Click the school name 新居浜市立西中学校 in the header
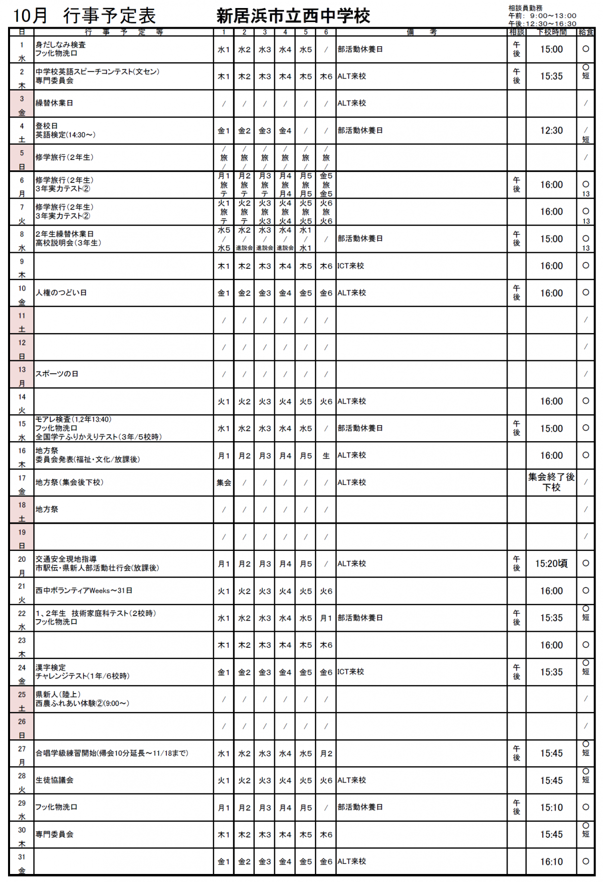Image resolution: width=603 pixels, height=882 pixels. [293, 16]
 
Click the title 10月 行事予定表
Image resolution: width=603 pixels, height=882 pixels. [84, 16]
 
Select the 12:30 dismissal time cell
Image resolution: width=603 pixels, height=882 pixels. [551, 131]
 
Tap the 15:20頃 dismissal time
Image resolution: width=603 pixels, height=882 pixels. [551, 564]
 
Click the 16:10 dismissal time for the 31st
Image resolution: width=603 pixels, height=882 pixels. [551, 862]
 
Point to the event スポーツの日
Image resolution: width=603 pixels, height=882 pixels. [57, 374]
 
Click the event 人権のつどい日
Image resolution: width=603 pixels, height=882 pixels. [61, 292]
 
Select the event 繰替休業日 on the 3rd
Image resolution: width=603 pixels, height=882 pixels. [54, 103]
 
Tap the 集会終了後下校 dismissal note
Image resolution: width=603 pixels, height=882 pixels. [551, 482]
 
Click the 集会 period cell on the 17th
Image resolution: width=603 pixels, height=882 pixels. [224, 483]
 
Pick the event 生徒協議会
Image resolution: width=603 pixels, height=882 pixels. [54, 780]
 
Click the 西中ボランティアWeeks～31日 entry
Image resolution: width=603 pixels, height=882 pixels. [84, 591]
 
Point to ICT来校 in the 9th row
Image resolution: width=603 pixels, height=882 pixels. [350, 266]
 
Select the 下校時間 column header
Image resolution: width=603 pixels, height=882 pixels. [551, 32]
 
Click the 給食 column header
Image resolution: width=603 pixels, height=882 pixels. [586, 32]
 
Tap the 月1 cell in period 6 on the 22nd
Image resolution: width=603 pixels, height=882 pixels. [326, 618]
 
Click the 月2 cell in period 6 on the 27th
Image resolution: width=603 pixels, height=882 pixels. [326, 754]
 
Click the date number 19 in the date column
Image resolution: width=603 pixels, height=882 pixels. [22, 532]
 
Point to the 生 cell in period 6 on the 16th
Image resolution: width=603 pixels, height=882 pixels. [326, 456]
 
